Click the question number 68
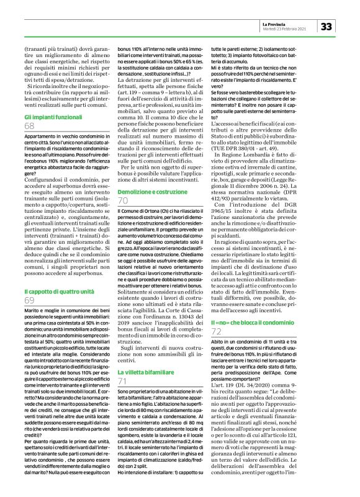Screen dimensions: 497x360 pyautogui.click(x=30, y=126)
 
